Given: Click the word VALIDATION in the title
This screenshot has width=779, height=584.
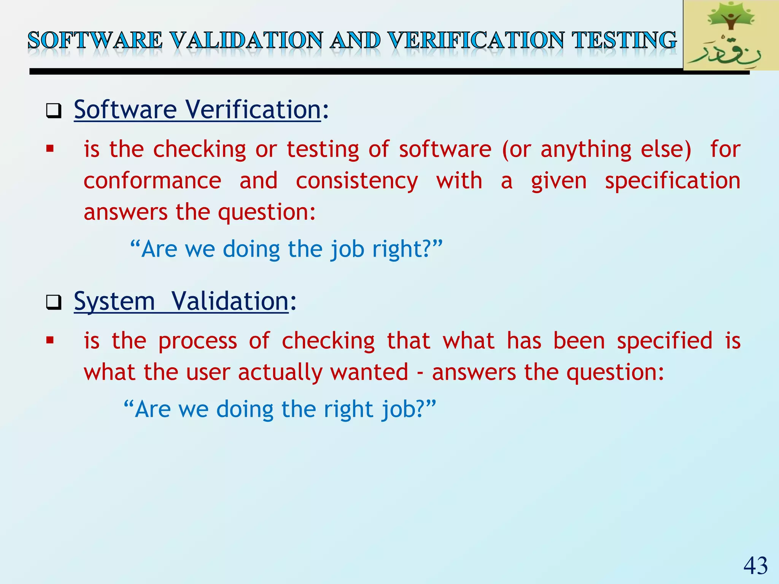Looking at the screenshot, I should pos(246,40).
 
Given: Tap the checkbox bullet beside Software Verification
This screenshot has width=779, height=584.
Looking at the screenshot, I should pos(54,111).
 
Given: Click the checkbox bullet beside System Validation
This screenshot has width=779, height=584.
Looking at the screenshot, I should pos(54,303).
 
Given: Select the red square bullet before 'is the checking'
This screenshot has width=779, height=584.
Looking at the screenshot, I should pos(50,149).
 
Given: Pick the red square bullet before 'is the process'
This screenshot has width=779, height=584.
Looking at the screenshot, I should pos(50,340).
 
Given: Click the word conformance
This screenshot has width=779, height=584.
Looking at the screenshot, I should pos(152,181).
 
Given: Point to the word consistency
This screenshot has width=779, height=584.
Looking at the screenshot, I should pos(357,181).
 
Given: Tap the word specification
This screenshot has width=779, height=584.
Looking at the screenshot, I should pos(672,181).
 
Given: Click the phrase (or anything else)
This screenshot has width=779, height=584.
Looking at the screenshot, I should pos(596,149).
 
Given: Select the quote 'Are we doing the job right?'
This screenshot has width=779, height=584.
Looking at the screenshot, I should pos(286,249).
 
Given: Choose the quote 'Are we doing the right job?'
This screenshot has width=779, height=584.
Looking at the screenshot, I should pos(280,409).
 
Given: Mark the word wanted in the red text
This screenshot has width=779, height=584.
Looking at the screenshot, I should pos(369,372).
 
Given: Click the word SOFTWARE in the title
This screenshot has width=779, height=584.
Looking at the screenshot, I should pos(95,40).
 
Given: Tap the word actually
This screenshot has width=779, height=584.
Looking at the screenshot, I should pos(280,372).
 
